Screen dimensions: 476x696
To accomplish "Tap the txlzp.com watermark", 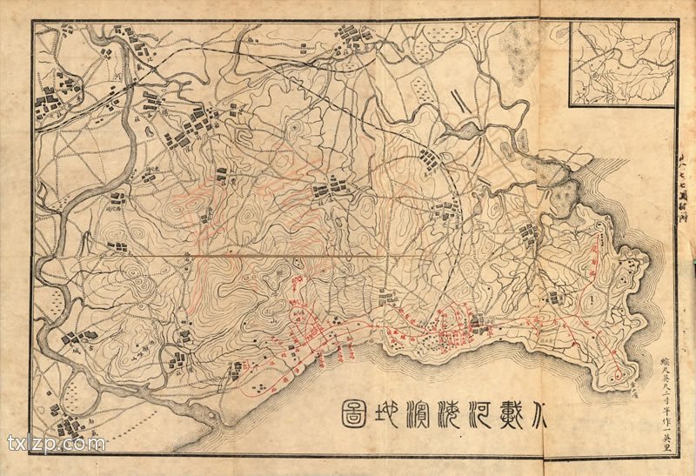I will click(x=56, y=444).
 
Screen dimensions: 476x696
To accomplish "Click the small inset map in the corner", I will click(x=623, y=63).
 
